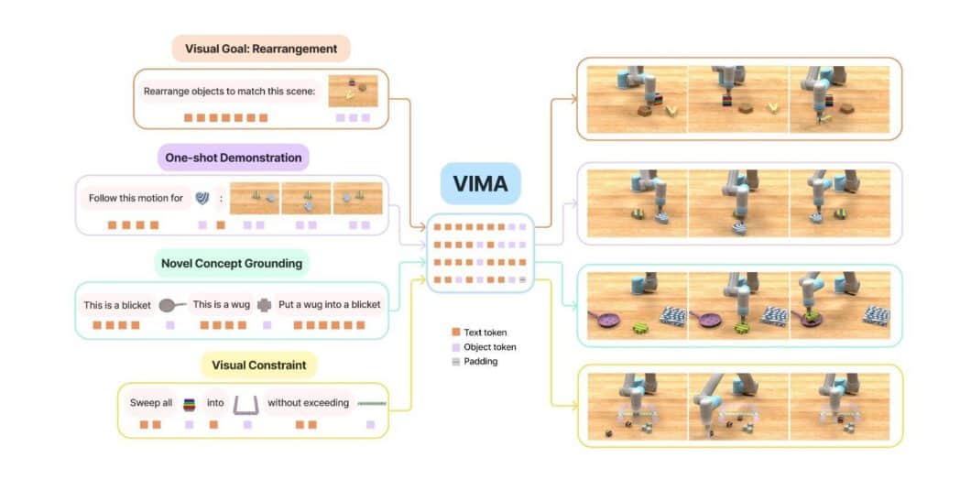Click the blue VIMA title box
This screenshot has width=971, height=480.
pos(480,184)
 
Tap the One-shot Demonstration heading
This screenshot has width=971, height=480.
pos(235,158)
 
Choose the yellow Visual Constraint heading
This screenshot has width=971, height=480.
pos(259,365)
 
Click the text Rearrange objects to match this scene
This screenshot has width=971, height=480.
pos(229,91)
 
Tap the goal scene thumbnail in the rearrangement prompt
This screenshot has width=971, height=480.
pos(353,90)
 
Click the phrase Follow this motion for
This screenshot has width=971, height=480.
pos(136,197)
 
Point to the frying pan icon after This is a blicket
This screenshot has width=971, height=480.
pos(170,304)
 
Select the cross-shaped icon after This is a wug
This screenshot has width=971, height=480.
pos(264,304)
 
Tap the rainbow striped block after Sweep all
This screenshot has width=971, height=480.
pos(191,403)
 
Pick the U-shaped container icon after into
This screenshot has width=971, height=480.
pos(245,403)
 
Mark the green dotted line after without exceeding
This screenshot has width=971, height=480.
pos(371,403)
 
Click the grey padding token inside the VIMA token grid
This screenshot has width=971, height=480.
pos(521,278)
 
